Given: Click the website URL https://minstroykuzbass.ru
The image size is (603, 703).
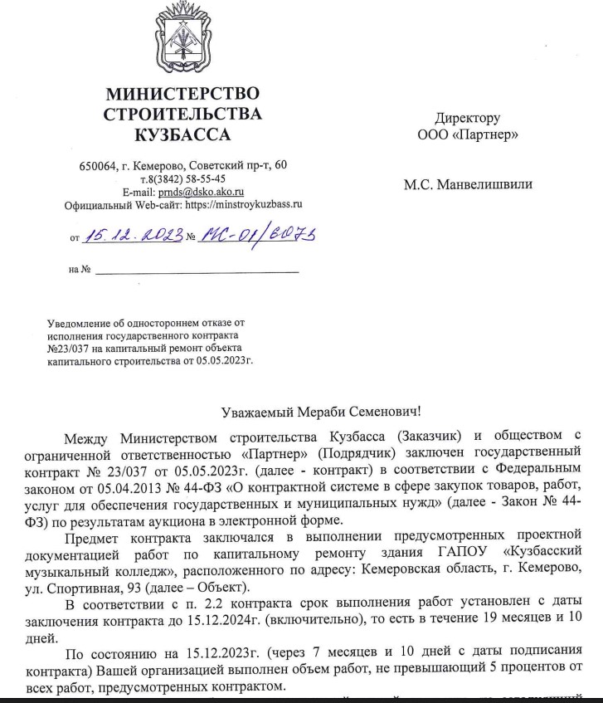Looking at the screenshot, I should (244, 203).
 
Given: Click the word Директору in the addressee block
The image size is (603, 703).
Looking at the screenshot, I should (468, 119).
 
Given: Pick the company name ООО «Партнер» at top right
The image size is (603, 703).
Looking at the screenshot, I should (469, 134).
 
